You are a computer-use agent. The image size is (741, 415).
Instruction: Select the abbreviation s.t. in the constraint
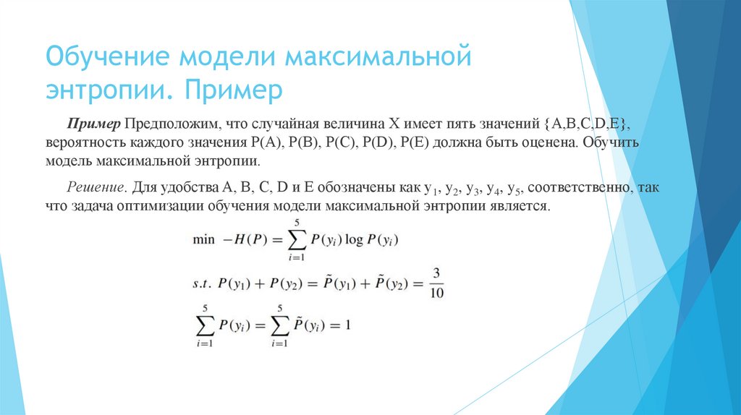(x=202, y=284)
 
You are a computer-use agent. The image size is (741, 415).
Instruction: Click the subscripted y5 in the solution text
(x=515, y=189)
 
